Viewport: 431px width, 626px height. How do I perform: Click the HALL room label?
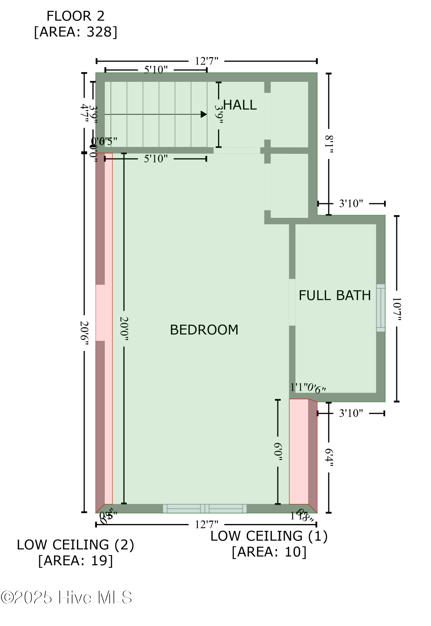[240, 105]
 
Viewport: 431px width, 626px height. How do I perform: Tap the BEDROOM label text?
[204, 330]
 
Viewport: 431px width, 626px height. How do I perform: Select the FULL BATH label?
[334, 295]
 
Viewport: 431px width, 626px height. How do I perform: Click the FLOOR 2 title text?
[75, 16]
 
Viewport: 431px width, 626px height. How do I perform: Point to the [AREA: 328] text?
[75, 32]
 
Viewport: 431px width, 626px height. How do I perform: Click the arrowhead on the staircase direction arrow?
[204, 115]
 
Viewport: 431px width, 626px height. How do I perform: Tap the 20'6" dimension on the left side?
[84, 333]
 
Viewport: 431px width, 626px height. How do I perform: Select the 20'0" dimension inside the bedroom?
[124, 329]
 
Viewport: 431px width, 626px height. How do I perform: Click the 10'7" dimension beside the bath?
[396, 309]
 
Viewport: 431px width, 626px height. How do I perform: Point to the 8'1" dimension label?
[329, 144]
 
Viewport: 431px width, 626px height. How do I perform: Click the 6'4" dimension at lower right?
[328, 457]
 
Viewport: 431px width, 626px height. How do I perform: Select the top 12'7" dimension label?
[206, 61]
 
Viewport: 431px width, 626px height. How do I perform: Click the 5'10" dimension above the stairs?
[155, 70]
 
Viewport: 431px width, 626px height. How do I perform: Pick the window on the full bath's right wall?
[380, 308]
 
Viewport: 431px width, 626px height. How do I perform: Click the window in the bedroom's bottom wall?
[205, 508]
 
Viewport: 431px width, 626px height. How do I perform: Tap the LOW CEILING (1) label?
[269, 536]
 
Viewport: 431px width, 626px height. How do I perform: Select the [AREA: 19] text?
[75, 560]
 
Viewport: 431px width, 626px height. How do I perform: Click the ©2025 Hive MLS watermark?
[66, 597]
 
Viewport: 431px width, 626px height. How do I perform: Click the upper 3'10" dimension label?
[351, 204]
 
